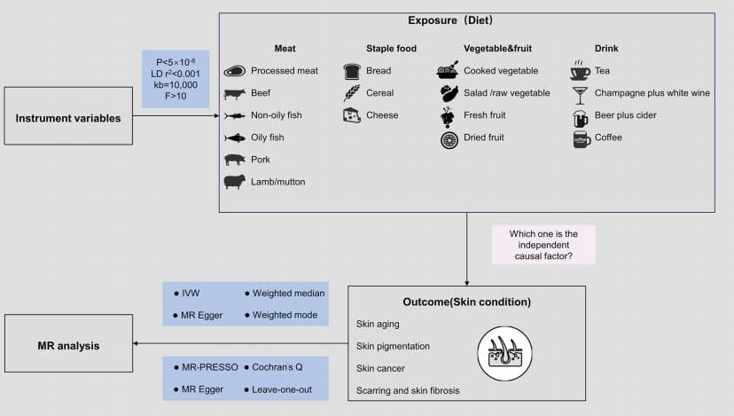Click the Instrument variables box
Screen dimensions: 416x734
pos(68,116)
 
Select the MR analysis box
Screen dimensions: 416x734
pos(68,345)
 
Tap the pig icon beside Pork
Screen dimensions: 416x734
pos(235,160)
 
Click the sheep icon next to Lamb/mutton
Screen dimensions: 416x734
pos(235,182)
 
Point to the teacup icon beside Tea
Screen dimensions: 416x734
pos(581,71)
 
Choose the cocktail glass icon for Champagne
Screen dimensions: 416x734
pos(581,93)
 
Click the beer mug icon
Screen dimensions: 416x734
pos(581,116)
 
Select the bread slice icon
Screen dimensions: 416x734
pos(352,71)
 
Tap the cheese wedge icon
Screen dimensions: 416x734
pos(352,115)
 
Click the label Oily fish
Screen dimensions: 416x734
pos(267,137)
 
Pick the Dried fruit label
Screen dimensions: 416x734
pos(484,137)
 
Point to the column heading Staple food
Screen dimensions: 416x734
pos(391,49)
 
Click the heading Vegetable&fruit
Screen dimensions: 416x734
pos(496,49)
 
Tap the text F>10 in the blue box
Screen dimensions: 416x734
pos(176,96)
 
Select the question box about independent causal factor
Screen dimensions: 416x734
pos(543,246)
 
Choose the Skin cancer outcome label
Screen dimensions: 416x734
pos(381,368)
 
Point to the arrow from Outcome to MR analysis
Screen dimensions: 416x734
pos(239,345)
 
